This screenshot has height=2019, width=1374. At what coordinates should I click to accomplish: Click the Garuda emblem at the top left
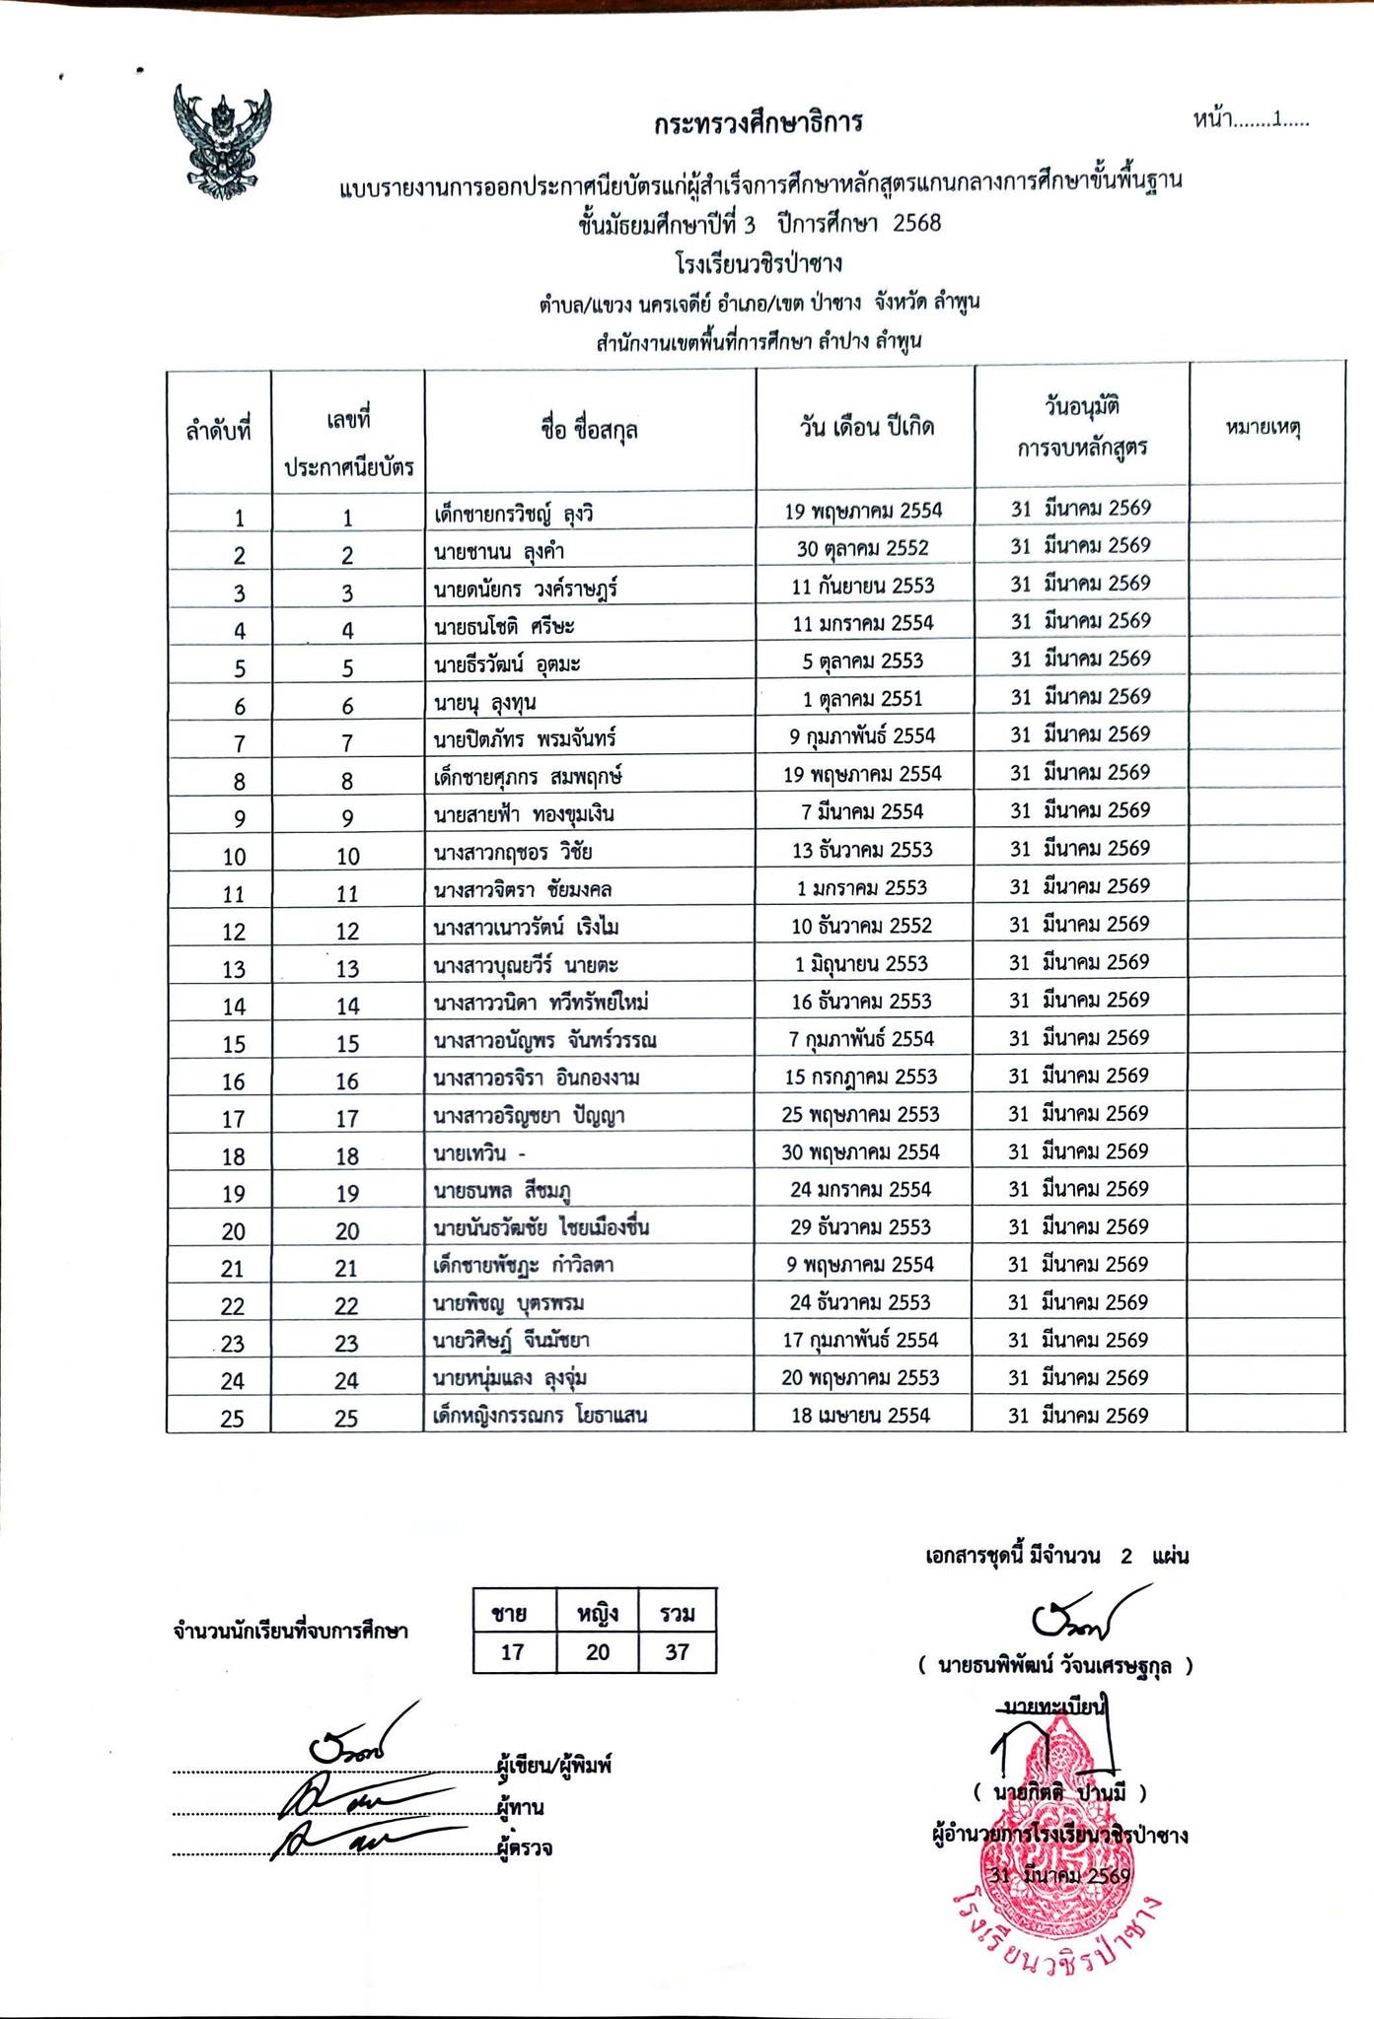coord(222,140)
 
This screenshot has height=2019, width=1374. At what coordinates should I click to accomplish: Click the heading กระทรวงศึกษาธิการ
coord(758,123)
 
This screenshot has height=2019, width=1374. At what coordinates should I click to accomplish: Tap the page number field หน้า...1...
coord(1250,120)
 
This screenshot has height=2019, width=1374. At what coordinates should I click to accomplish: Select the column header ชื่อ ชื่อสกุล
coord(589,430)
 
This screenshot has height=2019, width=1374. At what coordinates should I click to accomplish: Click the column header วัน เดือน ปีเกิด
coord(866,428)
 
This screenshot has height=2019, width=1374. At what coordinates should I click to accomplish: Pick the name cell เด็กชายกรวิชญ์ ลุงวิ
coord(514,514)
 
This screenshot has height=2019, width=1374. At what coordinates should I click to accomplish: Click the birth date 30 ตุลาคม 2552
coord(862,548)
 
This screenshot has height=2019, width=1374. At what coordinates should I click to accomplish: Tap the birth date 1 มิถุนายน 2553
coord(861,963)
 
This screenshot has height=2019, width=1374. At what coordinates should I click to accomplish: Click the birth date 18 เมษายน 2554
coord(860,1416)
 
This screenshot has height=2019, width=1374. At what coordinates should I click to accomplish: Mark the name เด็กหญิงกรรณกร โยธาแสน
coord(541,1417)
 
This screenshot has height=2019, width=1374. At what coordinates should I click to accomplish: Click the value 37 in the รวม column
coord(677,1652)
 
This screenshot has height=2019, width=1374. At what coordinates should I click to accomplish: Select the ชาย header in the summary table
coord(512,1614)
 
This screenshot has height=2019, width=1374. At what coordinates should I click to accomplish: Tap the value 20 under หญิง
coord(598,1652)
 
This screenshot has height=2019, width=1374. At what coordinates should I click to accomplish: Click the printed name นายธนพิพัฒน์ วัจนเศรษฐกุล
coord(1054,1666)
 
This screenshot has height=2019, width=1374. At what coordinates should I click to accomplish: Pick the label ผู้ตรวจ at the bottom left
coord(526,1848)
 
